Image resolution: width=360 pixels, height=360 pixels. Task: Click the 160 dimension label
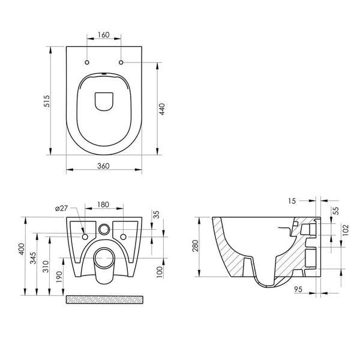coord(104,35)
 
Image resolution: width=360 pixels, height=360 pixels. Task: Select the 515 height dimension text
coord(47,101)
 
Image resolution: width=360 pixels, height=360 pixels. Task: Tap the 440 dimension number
coord(162,109)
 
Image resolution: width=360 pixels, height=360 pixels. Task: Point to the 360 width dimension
coord(103,166)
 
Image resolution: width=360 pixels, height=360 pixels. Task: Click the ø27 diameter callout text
coord(62,208)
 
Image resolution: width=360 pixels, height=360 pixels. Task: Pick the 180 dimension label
coord(103,205)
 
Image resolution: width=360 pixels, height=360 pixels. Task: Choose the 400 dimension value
coord(22,249)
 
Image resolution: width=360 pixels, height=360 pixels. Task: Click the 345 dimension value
coord(34,258)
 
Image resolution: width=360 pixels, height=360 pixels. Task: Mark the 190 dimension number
coord(59,277)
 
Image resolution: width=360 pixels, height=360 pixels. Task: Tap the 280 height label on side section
coord(196,245)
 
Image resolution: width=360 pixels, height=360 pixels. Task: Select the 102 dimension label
coord(346,230)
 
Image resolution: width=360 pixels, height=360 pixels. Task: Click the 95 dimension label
coord(298,289)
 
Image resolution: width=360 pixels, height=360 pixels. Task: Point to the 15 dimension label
coord(292,201)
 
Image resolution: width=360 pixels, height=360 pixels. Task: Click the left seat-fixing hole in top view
coord(87,62)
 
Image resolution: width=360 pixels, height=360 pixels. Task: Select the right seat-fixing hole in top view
coord(121,62)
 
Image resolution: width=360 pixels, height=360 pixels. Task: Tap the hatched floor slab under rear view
coord(104,299)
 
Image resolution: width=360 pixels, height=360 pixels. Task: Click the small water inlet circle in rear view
coord(104,229)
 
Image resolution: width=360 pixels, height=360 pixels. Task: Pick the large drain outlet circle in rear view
coord(104,258)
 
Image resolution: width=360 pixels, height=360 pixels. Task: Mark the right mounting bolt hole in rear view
coord(123,237)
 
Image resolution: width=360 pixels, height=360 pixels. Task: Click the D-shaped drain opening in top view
coord(104,101)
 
